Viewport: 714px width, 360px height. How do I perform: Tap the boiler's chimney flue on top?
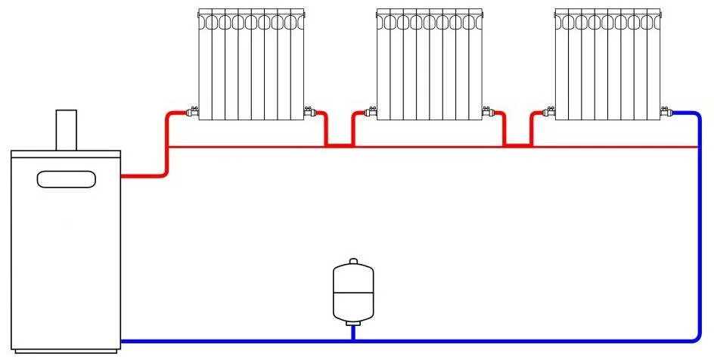click(67, 130)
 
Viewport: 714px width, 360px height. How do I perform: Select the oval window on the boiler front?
click(67, 179)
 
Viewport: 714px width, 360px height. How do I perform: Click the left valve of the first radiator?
click(193, 112)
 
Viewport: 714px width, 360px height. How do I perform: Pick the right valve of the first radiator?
click(309, 112)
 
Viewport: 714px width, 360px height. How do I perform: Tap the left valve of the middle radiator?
click(371, 112)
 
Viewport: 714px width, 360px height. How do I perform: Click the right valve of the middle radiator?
click(487, 112)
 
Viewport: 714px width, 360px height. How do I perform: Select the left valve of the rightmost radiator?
click(550, 112)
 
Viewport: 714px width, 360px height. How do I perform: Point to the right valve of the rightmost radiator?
click(666, 112)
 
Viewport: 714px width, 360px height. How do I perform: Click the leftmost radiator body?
click(251, 64)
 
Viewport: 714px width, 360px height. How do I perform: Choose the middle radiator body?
click(430, 64)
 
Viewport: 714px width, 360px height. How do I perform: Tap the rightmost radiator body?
click(608, 64)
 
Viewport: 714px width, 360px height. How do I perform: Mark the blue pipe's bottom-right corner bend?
click(696, 336)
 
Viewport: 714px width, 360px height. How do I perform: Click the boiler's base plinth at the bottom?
click(67, 350)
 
